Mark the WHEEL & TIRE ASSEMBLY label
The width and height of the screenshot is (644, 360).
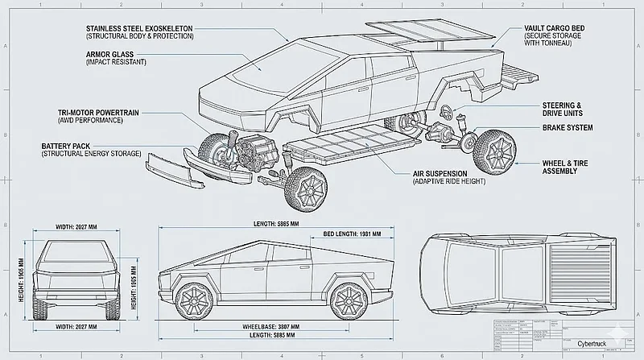click(x=568, y=166)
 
